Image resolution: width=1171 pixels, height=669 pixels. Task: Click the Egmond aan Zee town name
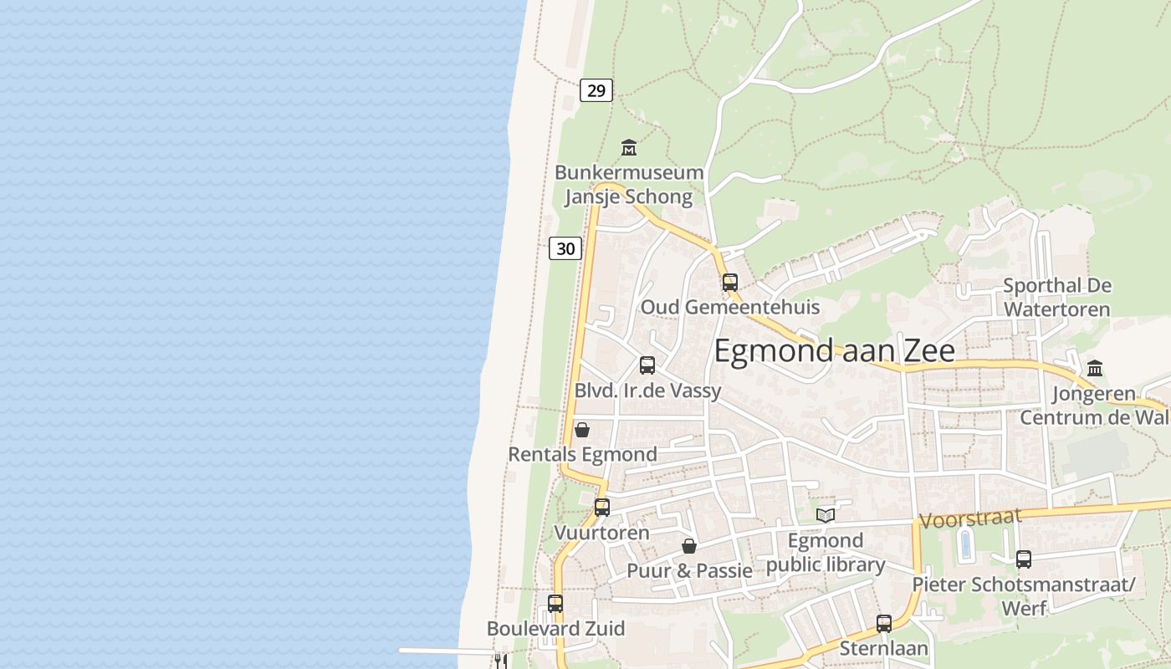pyautogui.click(x=834, y=350)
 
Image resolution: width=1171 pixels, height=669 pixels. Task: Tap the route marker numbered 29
pyautogui.click(x=596, y=90)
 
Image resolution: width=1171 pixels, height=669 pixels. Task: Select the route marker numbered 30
pyautogui.click(x=565, y=248)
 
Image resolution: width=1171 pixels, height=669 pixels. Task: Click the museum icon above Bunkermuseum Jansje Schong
pyautogui.click(x=629, y=148)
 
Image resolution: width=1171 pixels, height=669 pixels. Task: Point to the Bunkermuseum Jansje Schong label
pyautogui.click(x=629, y=185)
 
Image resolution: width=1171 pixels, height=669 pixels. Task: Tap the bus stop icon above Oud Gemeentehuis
pyautogui.click(x=730, y=282)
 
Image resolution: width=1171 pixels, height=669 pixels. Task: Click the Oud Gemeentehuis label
pyautogui.click(x=730, y=307)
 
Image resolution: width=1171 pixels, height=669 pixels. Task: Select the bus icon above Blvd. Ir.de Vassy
pyautogui.click(x=647, y=365)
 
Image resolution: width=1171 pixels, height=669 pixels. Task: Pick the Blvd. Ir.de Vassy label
pyautogui.click(x=647, y=391)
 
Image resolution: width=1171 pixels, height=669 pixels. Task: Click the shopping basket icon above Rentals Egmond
pyautogui.click(x=582, y=430)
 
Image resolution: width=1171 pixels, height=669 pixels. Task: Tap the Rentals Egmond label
pyautogui.click(x=582, y=455)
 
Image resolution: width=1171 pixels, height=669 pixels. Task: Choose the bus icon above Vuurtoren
pyautogui.click(x=602, y=507)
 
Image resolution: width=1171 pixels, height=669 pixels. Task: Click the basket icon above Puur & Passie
pyautogui.click(x=689, y=546)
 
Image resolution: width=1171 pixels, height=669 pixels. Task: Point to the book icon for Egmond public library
pyautogui.click(x=826, y=515)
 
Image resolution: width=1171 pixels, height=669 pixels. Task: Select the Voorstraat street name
pyautogui.click(x=970, y=518)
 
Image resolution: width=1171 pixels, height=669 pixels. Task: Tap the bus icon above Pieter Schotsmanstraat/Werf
pyautogui.click(x=1023, y=559)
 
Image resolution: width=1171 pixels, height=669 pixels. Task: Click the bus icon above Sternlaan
pyautogui.click(x=884, y=623)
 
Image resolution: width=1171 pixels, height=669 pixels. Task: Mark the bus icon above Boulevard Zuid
pyautogui.click(x=555, y=603)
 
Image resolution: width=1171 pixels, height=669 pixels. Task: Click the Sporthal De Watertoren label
pyautogui.click(x=1056, y=297)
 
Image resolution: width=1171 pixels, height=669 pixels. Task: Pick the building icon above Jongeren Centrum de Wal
pyautogui.click(x=1095, y=368)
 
